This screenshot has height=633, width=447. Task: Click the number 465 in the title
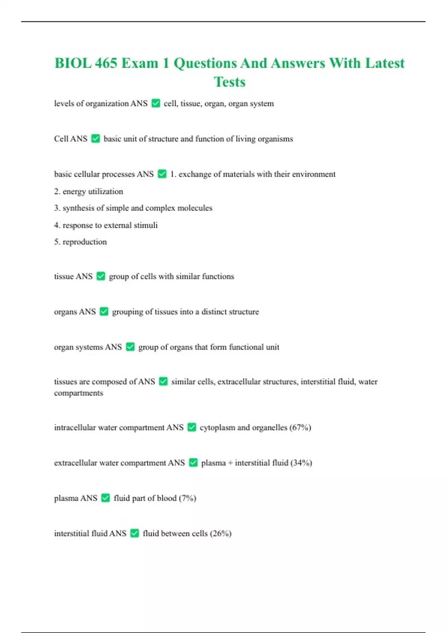click(x=106, y=63)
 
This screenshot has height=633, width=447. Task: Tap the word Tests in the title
click(x=229, y=82)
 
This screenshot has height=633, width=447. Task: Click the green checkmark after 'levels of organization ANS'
click(x=156, y=103)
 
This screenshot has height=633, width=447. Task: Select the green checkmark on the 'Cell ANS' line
click(x=95, y=139)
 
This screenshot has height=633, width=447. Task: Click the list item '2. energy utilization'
click(x=88, y=191)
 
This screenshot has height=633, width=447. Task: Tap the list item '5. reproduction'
click(x=80, y=242)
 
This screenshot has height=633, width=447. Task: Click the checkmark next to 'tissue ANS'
click(x=101, y=276)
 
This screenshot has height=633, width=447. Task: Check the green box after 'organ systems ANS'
click(x=130, y=347)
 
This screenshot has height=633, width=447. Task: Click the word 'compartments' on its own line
click(x=78, y=393)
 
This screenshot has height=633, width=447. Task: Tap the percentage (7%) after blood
click(x=187, y=498)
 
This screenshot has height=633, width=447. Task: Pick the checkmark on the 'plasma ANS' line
click(x=105, y=498)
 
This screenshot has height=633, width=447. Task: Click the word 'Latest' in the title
click(x=384, y=63)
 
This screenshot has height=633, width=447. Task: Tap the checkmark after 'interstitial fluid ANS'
click(x=134, y=533)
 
